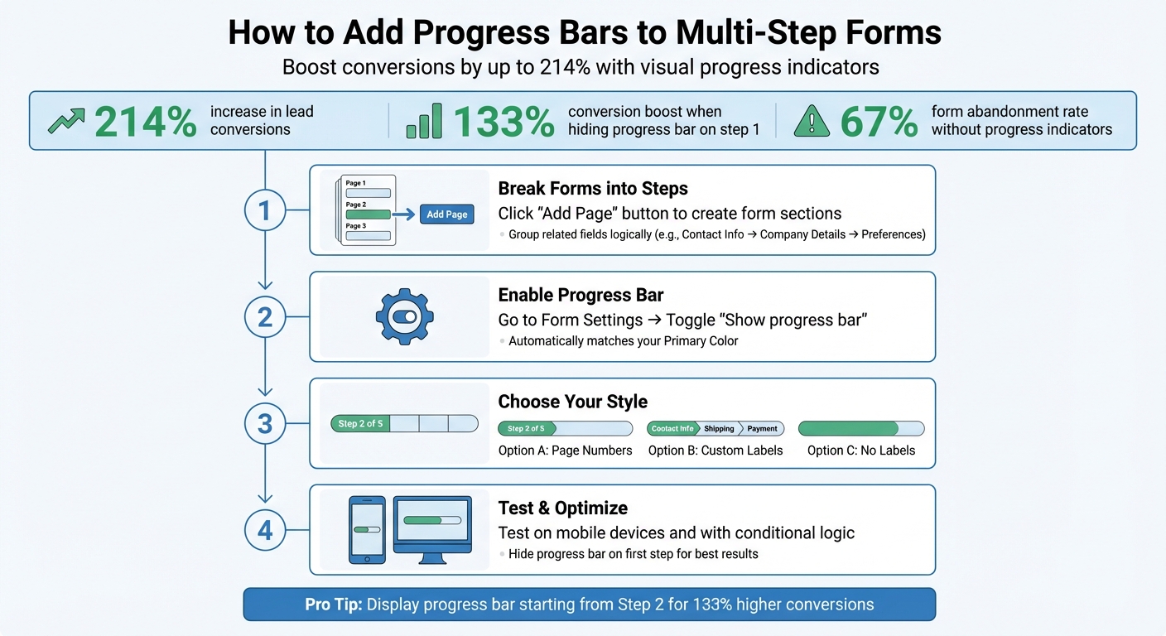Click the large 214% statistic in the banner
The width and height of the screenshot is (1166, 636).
tap(146, 122)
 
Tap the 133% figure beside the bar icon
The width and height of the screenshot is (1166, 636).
tap(503, 122)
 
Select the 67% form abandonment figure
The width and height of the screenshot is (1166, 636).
tap(879, 122)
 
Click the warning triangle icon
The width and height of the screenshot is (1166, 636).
tap(812, 122)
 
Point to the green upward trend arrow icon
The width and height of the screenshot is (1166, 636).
tap(66, 122)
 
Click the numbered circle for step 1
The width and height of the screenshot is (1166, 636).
tap(265, 210)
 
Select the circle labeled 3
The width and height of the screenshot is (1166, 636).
tap(265, 424)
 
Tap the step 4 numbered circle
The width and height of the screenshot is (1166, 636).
tap(265, 530)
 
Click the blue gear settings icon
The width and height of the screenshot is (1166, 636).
tap(405, 316)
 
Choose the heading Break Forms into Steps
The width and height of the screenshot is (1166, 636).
tap(593, 188)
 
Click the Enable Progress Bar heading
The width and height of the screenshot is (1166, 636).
tap(581, 295)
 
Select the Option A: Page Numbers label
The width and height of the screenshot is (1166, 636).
tap(565, 450)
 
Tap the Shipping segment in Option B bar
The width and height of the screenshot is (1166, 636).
tap(719, 428)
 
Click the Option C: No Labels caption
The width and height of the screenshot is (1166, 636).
tap(861, 450)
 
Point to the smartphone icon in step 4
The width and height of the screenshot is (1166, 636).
tap(367, 530)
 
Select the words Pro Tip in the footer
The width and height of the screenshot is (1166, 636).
tap(333, 605)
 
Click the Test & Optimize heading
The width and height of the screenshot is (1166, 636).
tap(562, 508)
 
